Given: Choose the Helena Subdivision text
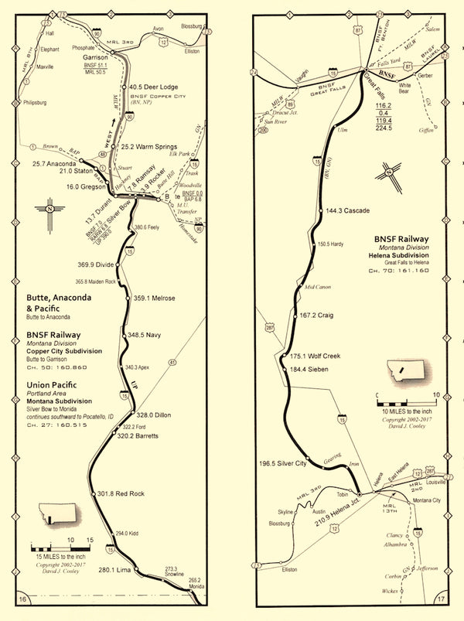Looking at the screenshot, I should (407, 254).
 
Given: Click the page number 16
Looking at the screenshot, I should (22, 599).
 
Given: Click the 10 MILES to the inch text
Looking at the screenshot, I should (406, 409).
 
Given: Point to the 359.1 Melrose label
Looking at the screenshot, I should (155, 298).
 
